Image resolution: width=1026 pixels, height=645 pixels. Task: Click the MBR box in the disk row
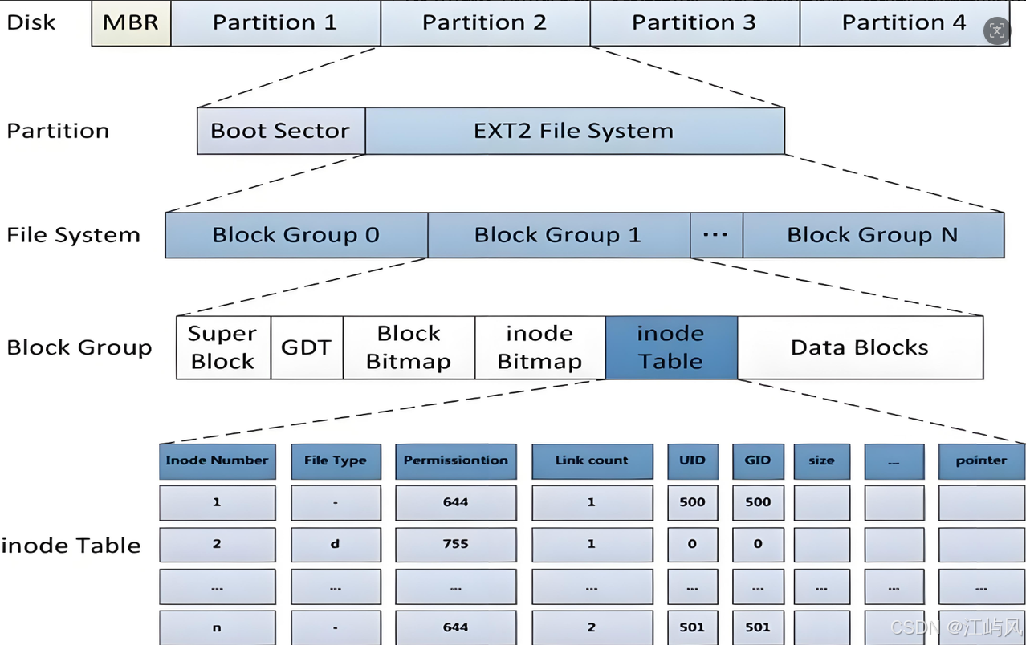(131, 23)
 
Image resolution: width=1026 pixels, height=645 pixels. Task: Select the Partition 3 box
(695, 23)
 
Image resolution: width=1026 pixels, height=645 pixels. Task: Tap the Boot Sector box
(281, 131)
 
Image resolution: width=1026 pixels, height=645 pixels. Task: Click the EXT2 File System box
(575, 131)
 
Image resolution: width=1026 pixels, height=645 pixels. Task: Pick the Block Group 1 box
(559, 235)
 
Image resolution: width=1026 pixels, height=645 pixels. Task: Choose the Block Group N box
(873, 235)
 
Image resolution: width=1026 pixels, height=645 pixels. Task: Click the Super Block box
(223, 347)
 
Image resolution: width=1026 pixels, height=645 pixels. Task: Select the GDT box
(307, 347)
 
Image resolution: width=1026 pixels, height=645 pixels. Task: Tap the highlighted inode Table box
(671, 347)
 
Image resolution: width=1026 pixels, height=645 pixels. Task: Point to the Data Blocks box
(860, 347)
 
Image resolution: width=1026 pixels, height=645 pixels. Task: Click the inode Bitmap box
(540, 347)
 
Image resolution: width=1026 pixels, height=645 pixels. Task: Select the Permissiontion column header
(456, 461)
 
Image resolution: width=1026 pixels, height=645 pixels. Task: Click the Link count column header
(592, 461)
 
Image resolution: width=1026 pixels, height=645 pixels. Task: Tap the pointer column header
(982, 461)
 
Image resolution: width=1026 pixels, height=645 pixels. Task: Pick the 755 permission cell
(456, 544)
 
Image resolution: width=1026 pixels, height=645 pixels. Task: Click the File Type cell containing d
(336, 544)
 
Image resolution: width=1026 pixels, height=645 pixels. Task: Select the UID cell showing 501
(693, 627)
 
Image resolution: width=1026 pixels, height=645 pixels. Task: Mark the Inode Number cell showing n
(218, 627)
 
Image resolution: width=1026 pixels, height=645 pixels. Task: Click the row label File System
(73, 235)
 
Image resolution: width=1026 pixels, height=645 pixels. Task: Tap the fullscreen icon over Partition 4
(996, 30)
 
